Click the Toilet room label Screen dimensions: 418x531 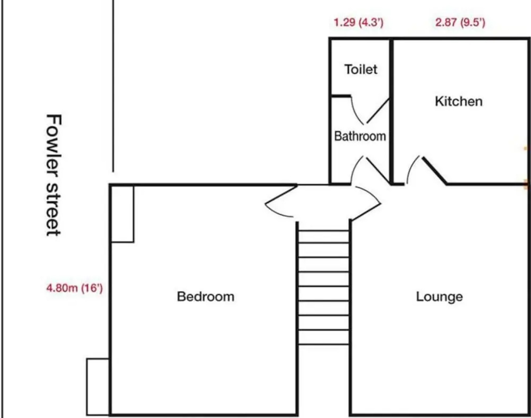(361, 70)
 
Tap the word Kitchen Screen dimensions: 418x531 (459, 101)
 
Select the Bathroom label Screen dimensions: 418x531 (360, 136)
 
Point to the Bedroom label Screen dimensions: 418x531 (206, 297)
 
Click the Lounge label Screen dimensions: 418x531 (439, 297)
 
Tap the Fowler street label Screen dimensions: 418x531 (53, 175)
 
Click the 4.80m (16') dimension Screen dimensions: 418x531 (74, 288)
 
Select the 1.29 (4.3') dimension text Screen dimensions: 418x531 (358, 22)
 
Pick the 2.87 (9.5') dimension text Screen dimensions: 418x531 (460, 22)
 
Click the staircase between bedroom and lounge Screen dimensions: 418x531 (324, 286)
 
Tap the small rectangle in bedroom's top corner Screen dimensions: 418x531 (122, 214)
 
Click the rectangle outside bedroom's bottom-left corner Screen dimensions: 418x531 (98, 387)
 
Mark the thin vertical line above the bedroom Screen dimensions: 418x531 (113, 85)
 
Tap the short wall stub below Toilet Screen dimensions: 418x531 (341, 96)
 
